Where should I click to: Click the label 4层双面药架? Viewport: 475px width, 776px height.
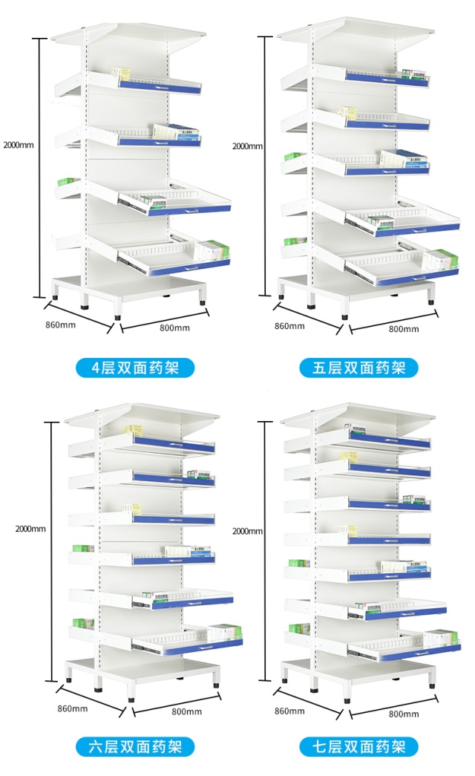pyautogui.click(x=136, y=368)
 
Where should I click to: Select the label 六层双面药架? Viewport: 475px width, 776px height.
pyautogui.click(x=136, y=746)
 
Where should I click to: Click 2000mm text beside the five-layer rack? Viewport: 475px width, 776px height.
pyautogui.click(x=248, y=146)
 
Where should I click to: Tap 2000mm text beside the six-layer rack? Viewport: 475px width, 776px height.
pyautogui.click(x=30, y=529)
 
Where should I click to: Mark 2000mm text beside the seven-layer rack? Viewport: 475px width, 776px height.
pyautogui.click(x=248, y=531)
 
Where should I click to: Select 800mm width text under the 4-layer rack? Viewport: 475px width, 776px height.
pyautogui.click(x=174, y=327)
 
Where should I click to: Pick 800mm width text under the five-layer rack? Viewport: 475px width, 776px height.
pyautogui.click(x=404, y=329)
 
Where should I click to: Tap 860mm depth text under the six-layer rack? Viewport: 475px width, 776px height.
pyautogui.click(x=73, y=708)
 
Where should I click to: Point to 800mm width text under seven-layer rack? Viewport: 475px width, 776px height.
pyautogui.click(x=404, y=714)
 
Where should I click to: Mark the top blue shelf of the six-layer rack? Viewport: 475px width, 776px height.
pyautogui.click(x=174, y=446)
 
